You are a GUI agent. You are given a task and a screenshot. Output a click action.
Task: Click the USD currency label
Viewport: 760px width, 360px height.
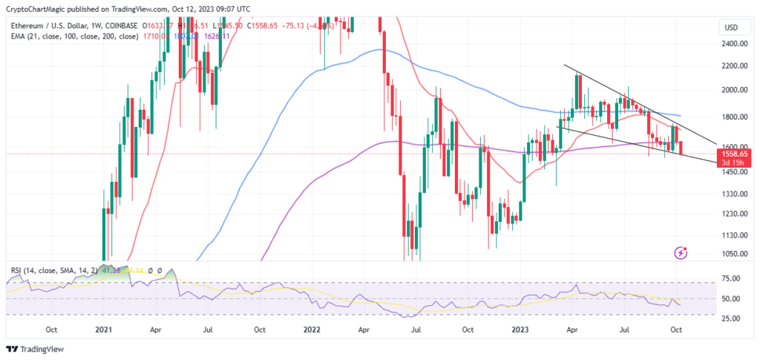(730, 28)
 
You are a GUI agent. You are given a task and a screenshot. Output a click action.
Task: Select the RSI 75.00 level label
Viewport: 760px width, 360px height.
(730, 279)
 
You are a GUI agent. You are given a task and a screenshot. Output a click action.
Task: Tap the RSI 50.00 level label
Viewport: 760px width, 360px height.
(730, 299)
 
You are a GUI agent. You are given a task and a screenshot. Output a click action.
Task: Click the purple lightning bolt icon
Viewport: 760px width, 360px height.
(681, 254)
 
